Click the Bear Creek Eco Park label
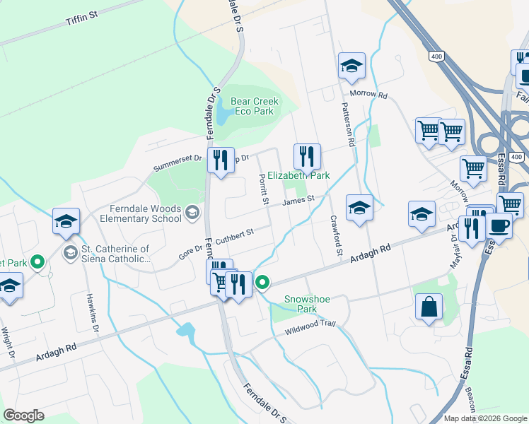(255, 106)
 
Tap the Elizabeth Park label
(298, 175)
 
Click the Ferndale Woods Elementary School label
(146, 213)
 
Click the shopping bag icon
(429, 307)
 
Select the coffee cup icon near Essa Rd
(499, 225)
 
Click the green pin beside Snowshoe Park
(262, 283)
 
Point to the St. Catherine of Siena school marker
(70, 252)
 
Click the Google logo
(24, 416)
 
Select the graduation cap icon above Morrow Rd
(351, 66)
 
